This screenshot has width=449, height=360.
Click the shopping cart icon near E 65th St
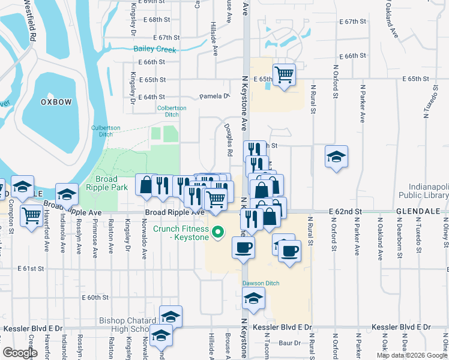point(284,75)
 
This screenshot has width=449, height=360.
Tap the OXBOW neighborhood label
point(56,102)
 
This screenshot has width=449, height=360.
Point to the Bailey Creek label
point(155,50)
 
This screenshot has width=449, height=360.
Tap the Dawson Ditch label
point(262,283)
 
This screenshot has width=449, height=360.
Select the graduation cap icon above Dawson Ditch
point(254,298)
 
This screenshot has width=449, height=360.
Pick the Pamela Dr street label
point(214,96)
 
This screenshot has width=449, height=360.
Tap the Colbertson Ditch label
point(172,111)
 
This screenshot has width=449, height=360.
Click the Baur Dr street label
point(289,343)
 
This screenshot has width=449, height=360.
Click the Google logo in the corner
point(20,352)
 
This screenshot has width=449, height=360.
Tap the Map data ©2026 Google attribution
point(412,355)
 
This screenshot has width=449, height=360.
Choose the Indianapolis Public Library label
point(429,191)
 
